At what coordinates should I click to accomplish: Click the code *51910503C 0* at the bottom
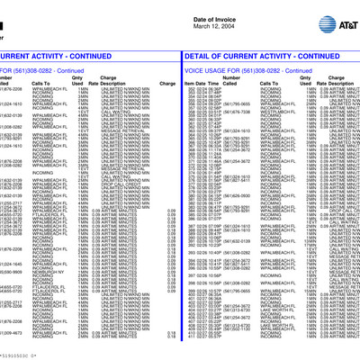(x=23, y=355)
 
